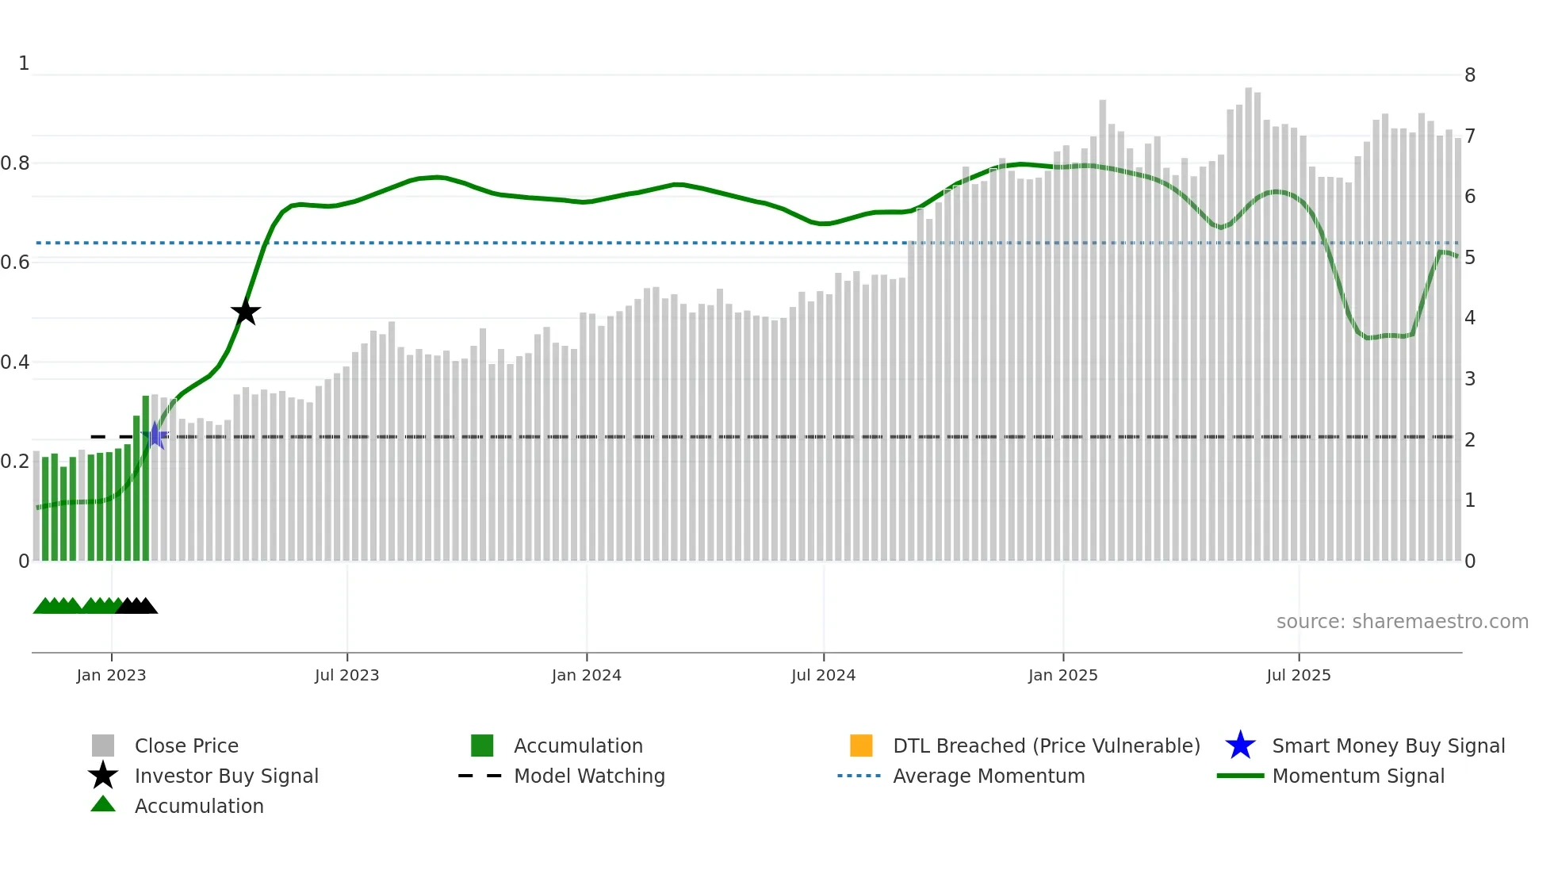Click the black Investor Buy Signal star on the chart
pos(246,312)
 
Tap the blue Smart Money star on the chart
pos(156,435)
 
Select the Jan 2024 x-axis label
pos(586,675)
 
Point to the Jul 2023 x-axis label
pos(346,675)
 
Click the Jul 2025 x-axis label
pos(1298,675)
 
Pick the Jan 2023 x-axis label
pos(111,675)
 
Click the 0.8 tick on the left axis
pos(15,163)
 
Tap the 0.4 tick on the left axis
pos(15,362)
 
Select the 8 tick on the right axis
pos(1470,75)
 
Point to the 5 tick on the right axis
pos(1470,258)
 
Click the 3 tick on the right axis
pos(1470,379)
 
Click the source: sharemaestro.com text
pos(1402,622)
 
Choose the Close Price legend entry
pos(186,746)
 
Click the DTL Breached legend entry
pos(1046,746)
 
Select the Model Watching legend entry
pos(589,776)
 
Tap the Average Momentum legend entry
pos(989,776)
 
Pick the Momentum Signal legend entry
pos(1358,776)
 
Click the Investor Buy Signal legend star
pos(103,776)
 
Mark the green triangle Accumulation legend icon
pos(103,804)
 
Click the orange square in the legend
pos(861,746)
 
